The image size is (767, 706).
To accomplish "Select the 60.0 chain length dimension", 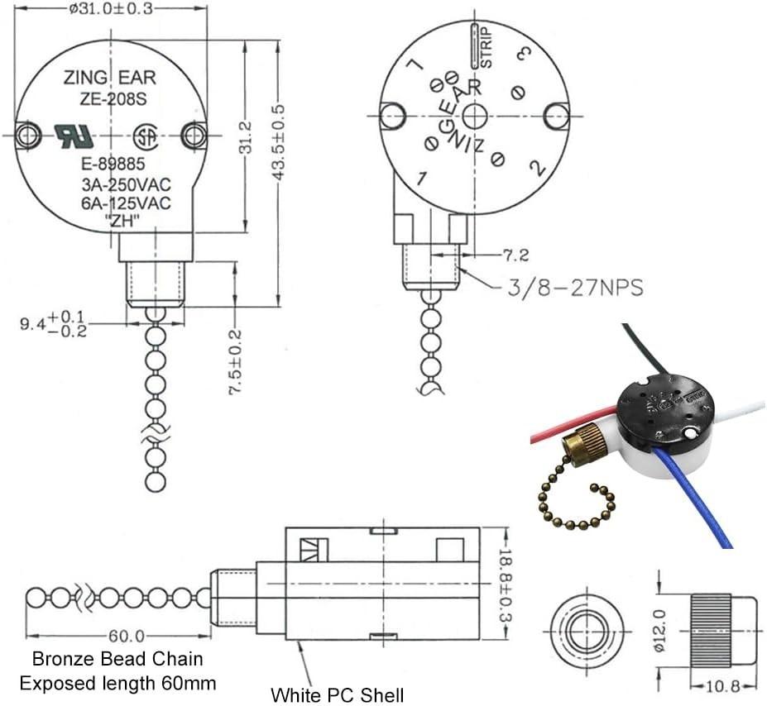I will coord(127,636).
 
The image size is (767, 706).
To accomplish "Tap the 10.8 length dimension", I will coord(715,685).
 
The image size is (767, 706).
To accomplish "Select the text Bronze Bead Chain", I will coord(117,660).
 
